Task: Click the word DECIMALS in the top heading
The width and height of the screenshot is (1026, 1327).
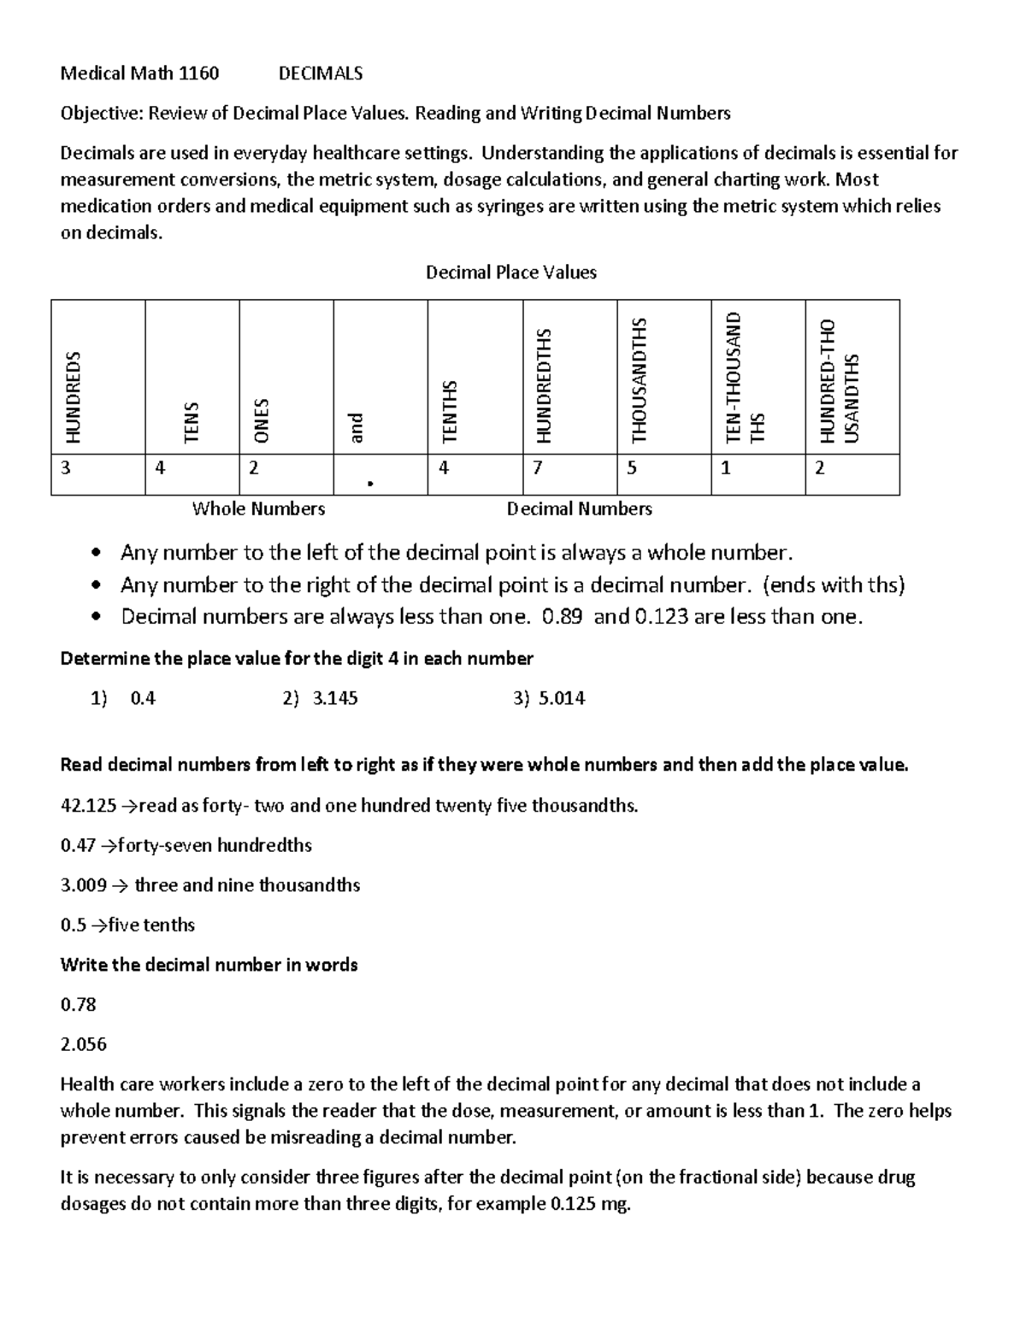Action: click(321, 73)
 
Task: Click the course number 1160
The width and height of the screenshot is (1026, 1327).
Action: click(198, 73)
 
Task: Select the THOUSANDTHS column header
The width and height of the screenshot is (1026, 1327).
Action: click(639, 380)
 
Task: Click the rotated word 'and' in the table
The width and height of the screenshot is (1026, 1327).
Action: click(357, 428)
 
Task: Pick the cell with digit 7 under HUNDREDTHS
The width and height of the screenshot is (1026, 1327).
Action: click(538, 468)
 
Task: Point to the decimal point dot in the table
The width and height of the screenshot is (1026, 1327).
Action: click(369, 484)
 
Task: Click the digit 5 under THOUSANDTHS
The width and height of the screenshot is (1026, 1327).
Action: click(632, 468)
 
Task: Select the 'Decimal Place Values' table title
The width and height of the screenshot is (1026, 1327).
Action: click(510, 273)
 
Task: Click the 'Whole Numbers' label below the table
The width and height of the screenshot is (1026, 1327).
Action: click(258, 509)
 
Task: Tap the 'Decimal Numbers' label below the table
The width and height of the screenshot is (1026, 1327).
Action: click(579, 509)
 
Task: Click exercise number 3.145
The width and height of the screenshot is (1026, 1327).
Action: click(335, 699)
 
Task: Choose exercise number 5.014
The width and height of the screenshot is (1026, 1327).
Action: click(562, 699)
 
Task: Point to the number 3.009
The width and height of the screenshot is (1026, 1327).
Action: click(83, 885)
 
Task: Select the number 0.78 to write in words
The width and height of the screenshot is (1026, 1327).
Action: click(78, 1005)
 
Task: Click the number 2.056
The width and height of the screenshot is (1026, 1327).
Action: click(83, 1044)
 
